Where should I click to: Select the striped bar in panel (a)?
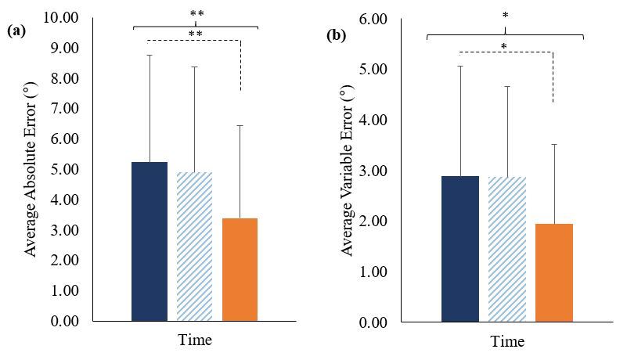(195, 247)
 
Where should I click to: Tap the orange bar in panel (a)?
(240, 269)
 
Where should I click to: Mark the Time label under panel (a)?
(194, 340)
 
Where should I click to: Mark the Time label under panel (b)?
(507, 342)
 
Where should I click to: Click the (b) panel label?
(335, 36)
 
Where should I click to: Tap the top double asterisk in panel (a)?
(196, 14)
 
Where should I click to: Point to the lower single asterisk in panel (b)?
(504, 47)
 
